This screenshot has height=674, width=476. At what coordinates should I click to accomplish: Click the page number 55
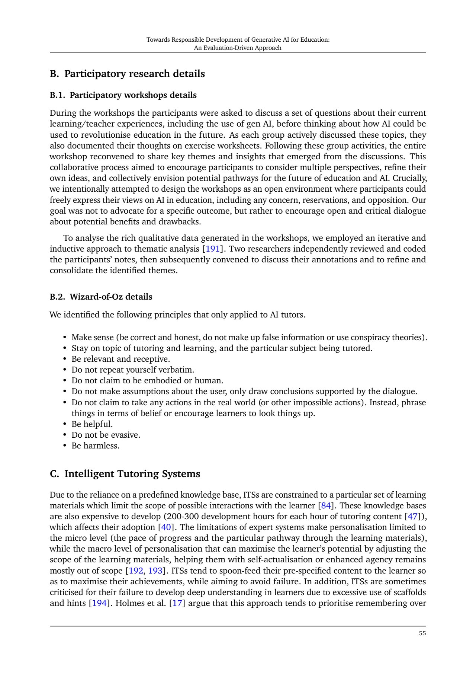click(x=422, y=633)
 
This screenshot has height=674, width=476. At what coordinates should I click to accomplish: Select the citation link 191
click(x=212, y=249)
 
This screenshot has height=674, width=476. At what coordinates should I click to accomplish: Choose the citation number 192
click(x=136, y=571)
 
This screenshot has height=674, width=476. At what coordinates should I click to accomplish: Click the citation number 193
click(x=155, y=571)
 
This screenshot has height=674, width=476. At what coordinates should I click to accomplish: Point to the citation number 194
click(x=99, y=603)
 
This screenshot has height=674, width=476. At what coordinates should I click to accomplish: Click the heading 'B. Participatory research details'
click(x=127, y=74)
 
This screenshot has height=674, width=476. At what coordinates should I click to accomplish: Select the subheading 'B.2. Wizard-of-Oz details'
click(x=101, y=297)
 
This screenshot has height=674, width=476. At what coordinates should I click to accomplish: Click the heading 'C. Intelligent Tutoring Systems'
click(x=125, y=474)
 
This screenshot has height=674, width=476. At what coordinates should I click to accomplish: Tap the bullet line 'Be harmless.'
click(x=96, y=445)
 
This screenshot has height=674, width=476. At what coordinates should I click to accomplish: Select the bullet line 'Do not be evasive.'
click(x=106, y=435)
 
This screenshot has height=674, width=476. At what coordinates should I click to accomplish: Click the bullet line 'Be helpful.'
click(x=92, y=424)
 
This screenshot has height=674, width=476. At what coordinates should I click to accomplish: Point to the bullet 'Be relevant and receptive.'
click(x=120, y=359)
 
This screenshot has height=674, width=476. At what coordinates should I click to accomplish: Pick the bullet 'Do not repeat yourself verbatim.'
click(x=133, y=370)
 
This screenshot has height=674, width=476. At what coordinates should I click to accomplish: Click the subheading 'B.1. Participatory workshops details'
click(x=123, y=95)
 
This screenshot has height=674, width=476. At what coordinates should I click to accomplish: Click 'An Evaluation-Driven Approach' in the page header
click(x=238, y=48)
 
